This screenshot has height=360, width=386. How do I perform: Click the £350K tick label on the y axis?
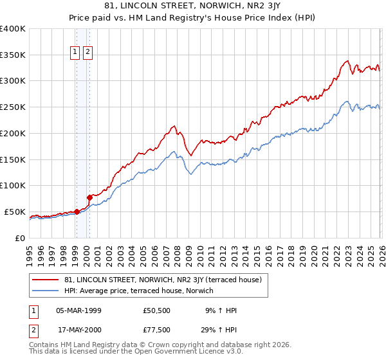12,55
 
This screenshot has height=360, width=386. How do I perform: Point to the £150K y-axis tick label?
12,159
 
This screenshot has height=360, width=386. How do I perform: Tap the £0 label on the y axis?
20,238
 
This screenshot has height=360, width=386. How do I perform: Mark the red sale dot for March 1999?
77,211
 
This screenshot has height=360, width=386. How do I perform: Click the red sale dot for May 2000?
90,197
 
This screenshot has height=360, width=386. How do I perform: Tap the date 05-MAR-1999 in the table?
78,310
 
